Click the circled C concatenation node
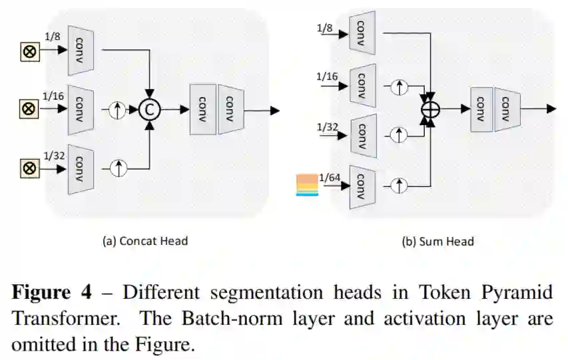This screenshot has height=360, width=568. click(x=150, y=110)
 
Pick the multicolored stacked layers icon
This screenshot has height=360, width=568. click(x=307, y=184)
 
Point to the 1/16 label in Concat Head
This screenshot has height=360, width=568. click(x=54, y=96)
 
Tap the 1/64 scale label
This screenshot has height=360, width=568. click(x=330, y=176)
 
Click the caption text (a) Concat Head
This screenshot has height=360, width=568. click(x=144, y=241)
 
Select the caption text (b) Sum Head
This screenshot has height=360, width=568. click(x=438, y=241)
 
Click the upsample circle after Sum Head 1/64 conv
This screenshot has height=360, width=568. click(x=398, y=184)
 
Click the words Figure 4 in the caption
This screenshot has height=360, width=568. click(x=51, y=292)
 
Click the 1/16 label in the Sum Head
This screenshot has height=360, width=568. click(x=327, y=77)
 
